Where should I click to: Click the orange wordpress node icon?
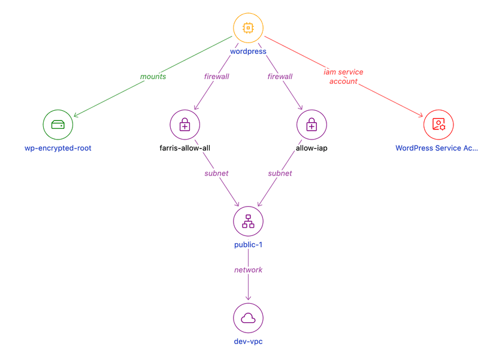248,28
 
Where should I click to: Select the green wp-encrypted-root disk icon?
58,125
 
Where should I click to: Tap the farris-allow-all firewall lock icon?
185,125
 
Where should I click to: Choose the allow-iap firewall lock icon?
311,125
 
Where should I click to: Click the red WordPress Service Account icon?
438,125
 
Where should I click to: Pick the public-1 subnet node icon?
248,221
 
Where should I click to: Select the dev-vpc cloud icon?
248,318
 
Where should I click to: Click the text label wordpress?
248,52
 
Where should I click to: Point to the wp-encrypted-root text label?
58,148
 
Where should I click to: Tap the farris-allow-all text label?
185,148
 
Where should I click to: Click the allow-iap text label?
311,148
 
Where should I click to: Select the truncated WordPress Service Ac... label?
437,148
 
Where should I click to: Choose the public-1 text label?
248,245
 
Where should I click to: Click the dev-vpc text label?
248,341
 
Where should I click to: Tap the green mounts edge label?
153,77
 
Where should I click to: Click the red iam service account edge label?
343,77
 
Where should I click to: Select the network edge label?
248,270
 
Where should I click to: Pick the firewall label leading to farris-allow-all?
216,77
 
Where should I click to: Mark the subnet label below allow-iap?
280,173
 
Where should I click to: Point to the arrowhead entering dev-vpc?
248,298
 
